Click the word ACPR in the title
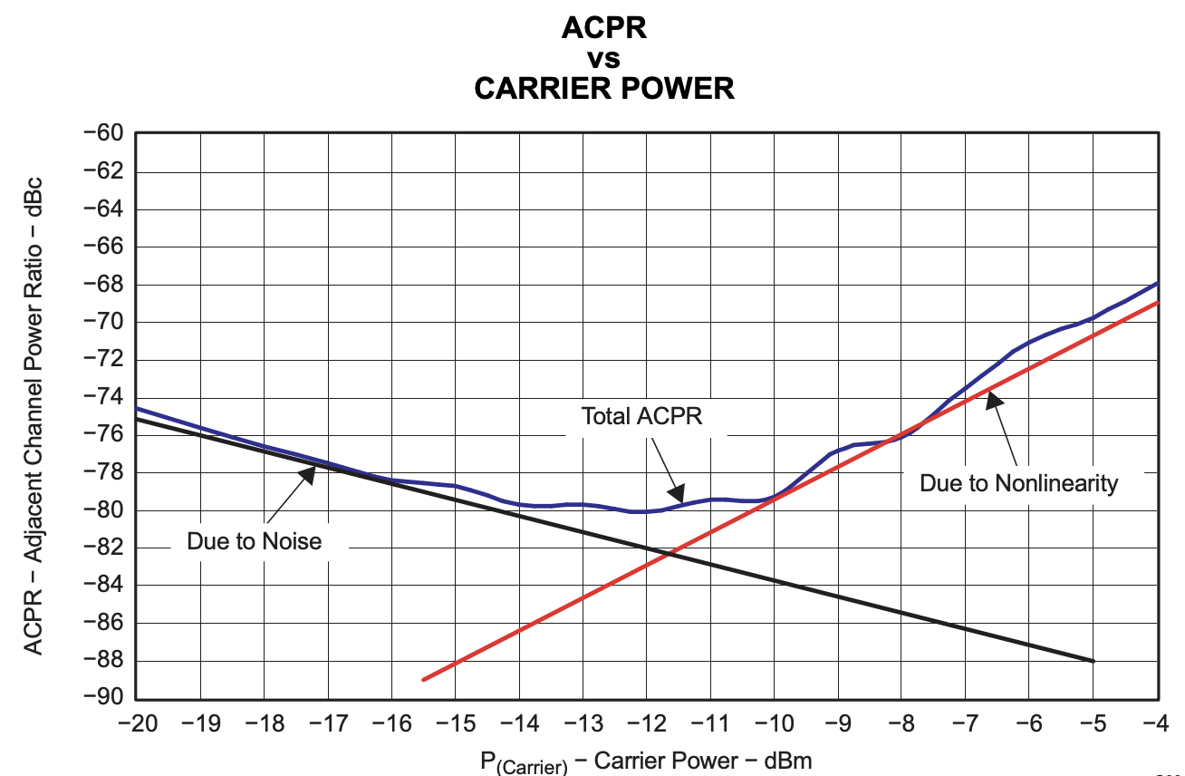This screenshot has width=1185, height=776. (x=604, y=28)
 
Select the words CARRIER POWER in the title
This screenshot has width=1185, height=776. (x=604, y=88)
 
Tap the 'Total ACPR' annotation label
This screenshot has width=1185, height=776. (x=641, y=416)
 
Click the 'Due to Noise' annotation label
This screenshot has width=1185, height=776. (x=254, y=541)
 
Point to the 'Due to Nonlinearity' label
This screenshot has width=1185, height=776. (x=1018, y=483)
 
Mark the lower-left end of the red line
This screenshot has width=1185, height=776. (x=423, y=679)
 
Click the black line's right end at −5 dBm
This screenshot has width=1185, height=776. (x=1094, y=661)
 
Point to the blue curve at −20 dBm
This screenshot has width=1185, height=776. (x=136, y=408)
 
